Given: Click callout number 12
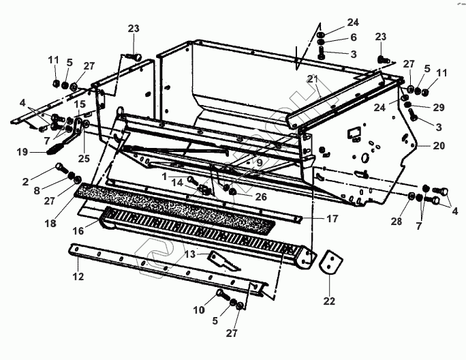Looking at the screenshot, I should point(78,277).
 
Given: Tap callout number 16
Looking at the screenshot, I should point(78,231).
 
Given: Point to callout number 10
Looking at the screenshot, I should point(198,310).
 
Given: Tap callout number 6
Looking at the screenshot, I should point(354,37).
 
